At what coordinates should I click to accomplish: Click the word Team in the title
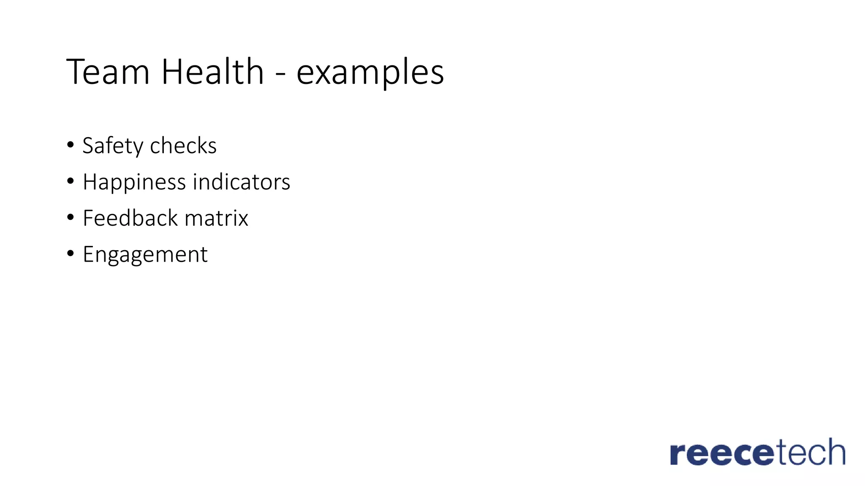point(108,72)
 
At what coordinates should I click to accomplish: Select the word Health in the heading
point(212,72)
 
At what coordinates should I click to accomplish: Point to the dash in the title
point(280,74)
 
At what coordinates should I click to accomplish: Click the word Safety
point(113,146)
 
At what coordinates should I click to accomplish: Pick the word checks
point(183,146)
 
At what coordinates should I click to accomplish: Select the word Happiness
point(134,183)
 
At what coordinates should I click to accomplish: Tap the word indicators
point(242,182)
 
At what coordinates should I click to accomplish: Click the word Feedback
point(131,218)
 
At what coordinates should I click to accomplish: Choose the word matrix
point(216,218)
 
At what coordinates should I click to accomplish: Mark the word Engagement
point(145,255)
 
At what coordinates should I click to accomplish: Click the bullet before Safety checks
point(71,145)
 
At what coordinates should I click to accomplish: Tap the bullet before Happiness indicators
point(71,181)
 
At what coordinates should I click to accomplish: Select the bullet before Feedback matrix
point(71,218)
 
